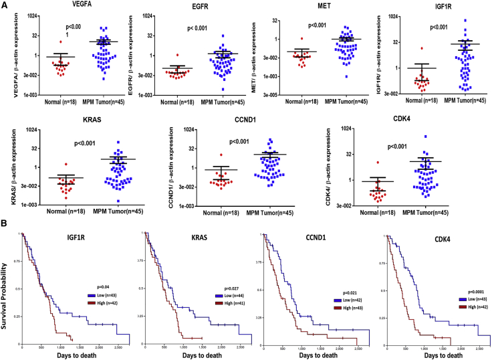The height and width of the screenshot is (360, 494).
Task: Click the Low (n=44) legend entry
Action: (x=224, y=296)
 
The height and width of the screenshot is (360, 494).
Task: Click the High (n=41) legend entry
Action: (x=224, y=304)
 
